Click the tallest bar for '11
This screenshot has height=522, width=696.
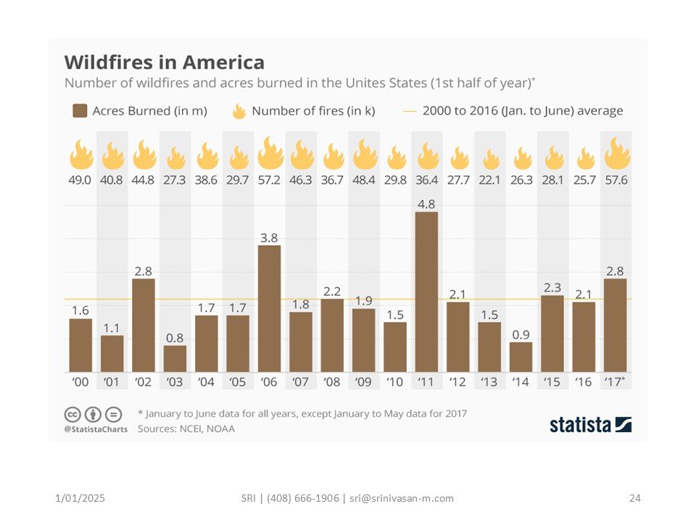point(426,291)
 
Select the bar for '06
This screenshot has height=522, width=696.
point(270,308)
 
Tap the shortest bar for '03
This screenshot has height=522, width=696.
point(175,358)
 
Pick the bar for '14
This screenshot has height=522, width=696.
point(521,357)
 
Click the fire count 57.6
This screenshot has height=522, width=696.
point(616,179)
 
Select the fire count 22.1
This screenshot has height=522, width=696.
point(491,179)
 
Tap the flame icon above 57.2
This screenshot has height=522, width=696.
point(270,153)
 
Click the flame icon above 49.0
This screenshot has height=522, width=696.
point(80,154)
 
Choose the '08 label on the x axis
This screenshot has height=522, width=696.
point(332,381)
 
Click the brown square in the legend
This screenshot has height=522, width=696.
point(80,111)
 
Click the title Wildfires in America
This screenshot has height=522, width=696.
point(165,61)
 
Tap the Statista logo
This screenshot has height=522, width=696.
point(590,425)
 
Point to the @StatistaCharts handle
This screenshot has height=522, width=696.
point(96,429)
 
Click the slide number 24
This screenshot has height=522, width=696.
point(635,498)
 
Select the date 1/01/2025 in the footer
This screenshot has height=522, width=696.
point(80,498)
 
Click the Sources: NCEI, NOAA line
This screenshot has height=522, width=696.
point(186,428)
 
